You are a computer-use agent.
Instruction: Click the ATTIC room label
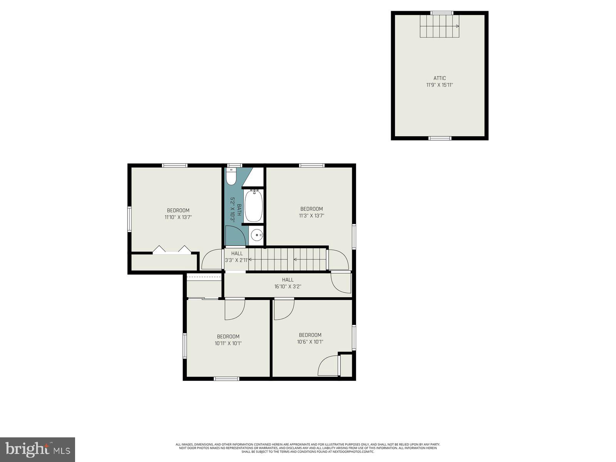coord(439,78)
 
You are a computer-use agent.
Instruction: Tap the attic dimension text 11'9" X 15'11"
coord(439,85)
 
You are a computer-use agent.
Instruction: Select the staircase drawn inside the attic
coord(439,26)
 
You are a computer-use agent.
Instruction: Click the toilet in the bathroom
coord(231,177)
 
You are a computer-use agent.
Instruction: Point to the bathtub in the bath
coord(253,206)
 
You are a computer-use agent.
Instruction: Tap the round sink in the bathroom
coord(256,234)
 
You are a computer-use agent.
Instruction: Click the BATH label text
coord(239,210)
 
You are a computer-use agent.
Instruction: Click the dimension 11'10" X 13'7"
coord(178,217)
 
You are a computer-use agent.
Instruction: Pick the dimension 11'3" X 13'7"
coord(311,216)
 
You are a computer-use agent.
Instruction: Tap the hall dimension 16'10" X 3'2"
coord(288,286)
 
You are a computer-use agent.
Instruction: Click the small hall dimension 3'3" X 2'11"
coord(237,260)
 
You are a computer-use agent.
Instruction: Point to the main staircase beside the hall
coord(287,259)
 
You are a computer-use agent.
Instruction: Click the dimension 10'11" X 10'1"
coord(228,343)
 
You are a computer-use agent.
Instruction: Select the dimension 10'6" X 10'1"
coord(310,341)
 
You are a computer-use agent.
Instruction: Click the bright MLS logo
coord(37,449)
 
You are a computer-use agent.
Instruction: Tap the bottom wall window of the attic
coord(440,138)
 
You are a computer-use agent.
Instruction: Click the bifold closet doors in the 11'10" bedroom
coord(172,250)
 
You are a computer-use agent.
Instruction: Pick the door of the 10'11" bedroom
coord(234,309)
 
